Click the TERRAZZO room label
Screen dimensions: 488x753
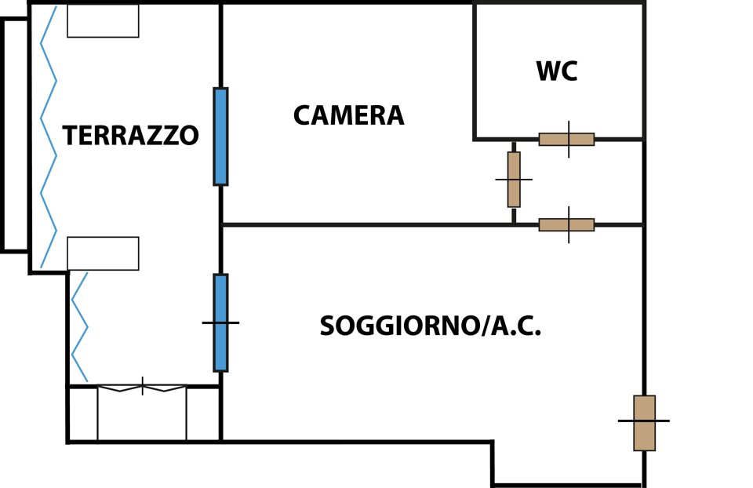(130, 136)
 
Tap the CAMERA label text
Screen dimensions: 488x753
(349, 116)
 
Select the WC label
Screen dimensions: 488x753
(557, 71)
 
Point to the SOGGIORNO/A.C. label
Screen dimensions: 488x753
(431, 326)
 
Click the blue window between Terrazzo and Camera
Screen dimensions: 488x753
(220, 137)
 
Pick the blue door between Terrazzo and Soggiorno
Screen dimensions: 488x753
(220, 322)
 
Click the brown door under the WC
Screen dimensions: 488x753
(566, 140)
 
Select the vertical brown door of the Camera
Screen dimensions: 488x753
(514, 180)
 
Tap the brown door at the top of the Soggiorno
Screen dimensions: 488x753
(566, 225)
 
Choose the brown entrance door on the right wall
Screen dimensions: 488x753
(644, 423)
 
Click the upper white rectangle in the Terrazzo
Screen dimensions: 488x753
(103, 21)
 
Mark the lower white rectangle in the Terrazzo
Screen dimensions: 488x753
(103, 253)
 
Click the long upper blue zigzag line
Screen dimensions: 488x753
(49, 137)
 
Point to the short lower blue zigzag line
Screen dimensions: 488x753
(79, 326)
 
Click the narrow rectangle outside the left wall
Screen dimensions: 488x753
(15, 135)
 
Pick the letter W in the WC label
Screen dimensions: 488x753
(547, 71)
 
